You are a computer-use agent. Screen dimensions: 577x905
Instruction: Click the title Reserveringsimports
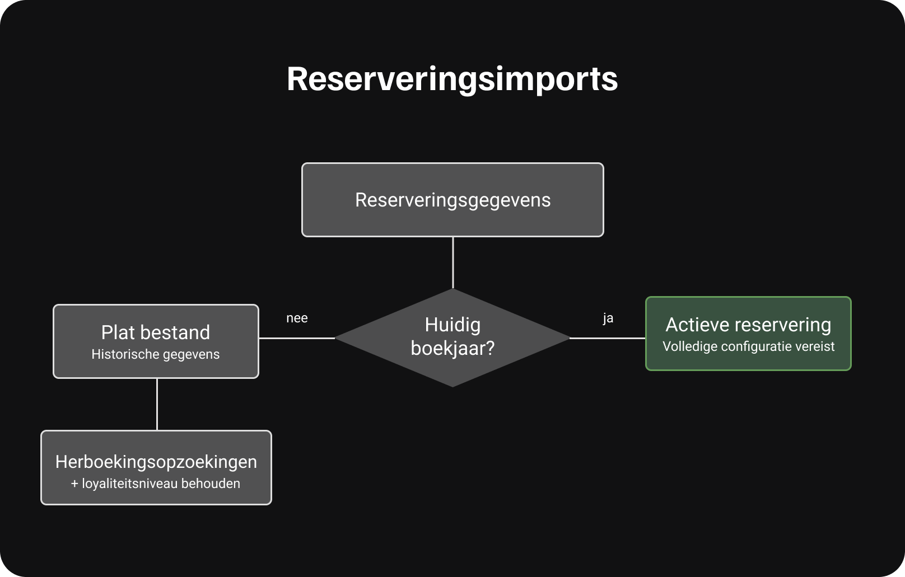[452, 79]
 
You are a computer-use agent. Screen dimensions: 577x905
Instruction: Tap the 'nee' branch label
[297, 318]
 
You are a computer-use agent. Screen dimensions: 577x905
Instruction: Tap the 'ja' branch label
[608, 318]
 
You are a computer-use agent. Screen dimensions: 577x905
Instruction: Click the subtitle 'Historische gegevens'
[155, 354]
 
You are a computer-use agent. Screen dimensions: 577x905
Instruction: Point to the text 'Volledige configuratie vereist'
[748, 346]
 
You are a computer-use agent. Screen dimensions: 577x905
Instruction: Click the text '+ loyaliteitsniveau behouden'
[155, 484]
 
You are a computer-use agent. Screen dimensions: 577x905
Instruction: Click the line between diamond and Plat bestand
[297, 338]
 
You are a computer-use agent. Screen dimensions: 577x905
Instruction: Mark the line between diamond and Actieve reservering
[608, 338]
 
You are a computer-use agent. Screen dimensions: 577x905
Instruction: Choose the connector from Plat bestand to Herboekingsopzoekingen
[157, 404]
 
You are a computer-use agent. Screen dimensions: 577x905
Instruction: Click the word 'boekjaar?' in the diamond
[452, 348]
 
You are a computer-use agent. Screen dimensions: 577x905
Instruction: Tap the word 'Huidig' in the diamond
[452, 325]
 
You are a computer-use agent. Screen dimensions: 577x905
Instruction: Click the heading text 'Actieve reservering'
[748, 325]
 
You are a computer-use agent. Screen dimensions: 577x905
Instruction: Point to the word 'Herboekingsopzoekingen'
[156, 462]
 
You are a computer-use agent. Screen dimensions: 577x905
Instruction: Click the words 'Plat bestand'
[155, 332]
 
